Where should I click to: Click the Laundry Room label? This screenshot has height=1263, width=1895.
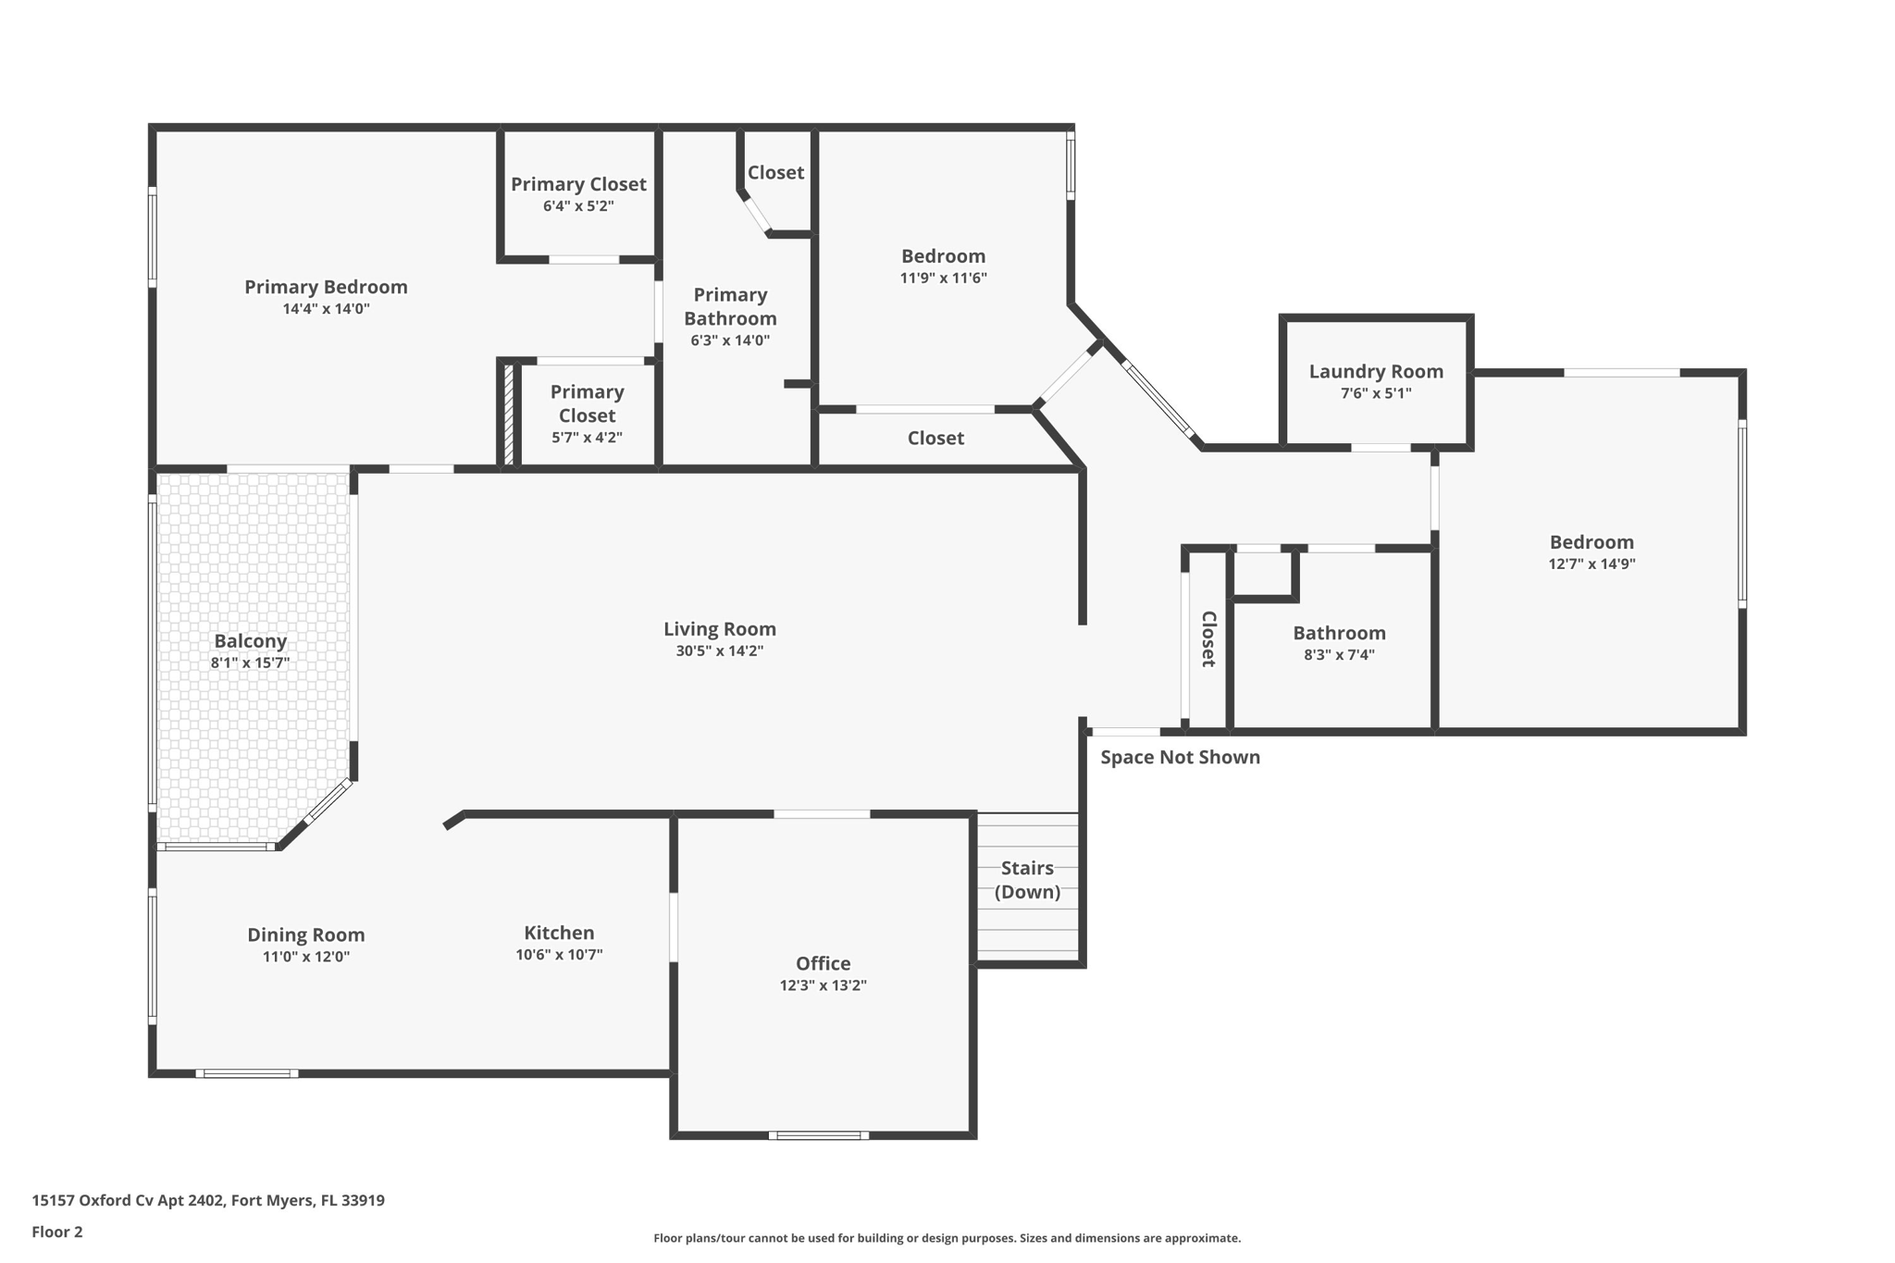(x=1375, y=371)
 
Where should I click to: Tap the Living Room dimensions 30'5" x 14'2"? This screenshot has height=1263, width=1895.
(x=719, y=650)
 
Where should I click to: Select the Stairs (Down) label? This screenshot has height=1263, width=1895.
(x=1027, y=879)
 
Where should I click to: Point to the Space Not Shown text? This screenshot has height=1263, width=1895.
(x=1180, y=757)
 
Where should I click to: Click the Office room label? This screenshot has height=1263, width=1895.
(x=823, y=963)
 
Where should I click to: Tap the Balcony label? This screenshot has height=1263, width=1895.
(x=250, y=640)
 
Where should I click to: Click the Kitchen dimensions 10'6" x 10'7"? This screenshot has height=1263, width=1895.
(x=559, y=954)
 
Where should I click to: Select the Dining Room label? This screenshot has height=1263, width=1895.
(x=305, y=935)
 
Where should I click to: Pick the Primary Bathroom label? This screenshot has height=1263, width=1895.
(x=730, y=306)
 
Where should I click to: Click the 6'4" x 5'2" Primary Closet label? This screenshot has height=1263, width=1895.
(x=578, y=184)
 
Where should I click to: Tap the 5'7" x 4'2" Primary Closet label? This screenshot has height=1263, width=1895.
(x=587, y=403)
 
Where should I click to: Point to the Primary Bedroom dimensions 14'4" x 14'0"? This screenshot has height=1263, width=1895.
(x=326, y=308)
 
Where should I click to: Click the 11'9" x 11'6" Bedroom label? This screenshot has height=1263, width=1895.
(x=943, y=256)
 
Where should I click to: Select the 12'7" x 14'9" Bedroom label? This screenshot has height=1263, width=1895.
(x=1592, y=542)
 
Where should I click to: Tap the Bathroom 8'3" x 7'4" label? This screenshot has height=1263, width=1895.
(x=1339, y=633)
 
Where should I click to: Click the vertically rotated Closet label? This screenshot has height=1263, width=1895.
(x=1208, y=638)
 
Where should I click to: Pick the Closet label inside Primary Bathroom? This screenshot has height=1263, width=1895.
(x=775, y=172)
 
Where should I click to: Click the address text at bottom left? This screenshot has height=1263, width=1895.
(x=208, y=1200)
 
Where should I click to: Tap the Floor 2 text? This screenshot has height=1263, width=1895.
(x=57, y=1232)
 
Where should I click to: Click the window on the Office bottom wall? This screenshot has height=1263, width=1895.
(x=818, y=1135)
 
